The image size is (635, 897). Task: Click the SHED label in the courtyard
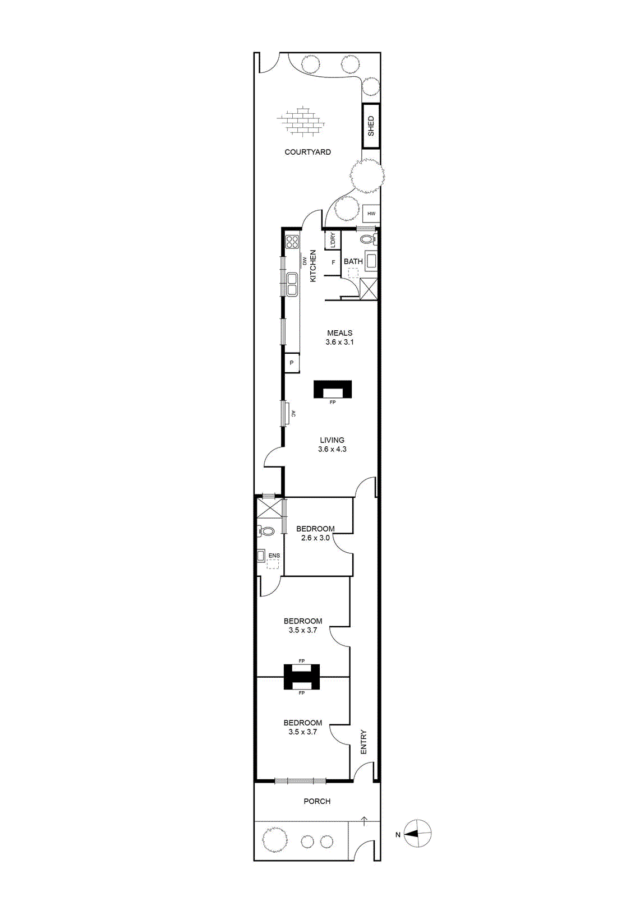tap(371, 126)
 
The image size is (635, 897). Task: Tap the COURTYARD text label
tap(308, 152)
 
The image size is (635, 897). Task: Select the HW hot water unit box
tap(371, 214)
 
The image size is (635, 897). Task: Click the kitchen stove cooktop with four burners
tap(292, 242)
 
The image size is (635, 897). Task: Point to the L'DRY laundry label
tap(333, 240)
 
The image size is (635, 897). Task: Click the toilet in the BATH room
tap(368, 240)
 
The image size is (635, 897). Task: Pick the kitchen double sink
tap(292, 284)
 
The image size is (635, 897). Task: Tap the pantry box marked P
tap(292, 363)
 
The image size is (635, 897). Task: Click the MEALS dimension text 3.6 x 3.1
tap(340, 343)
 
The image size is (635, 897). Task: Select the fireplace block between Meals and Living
tap(333, 389)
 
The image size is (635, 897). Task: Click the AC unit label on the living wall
tap(293, 414)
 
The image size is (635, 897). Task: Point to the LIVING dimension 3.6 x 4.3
tap(332, 449)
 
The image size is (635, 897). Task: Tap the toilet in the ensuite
tap(265, 531)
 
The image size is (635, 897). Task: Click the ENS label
tap(274, 556)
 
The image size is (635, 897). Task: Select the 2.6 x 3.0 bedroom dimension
tap(315, 538)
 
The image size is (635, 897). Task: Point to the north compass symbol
tap(417, 834)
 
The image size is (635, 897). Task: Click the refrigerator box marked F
tap(333, 263)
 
